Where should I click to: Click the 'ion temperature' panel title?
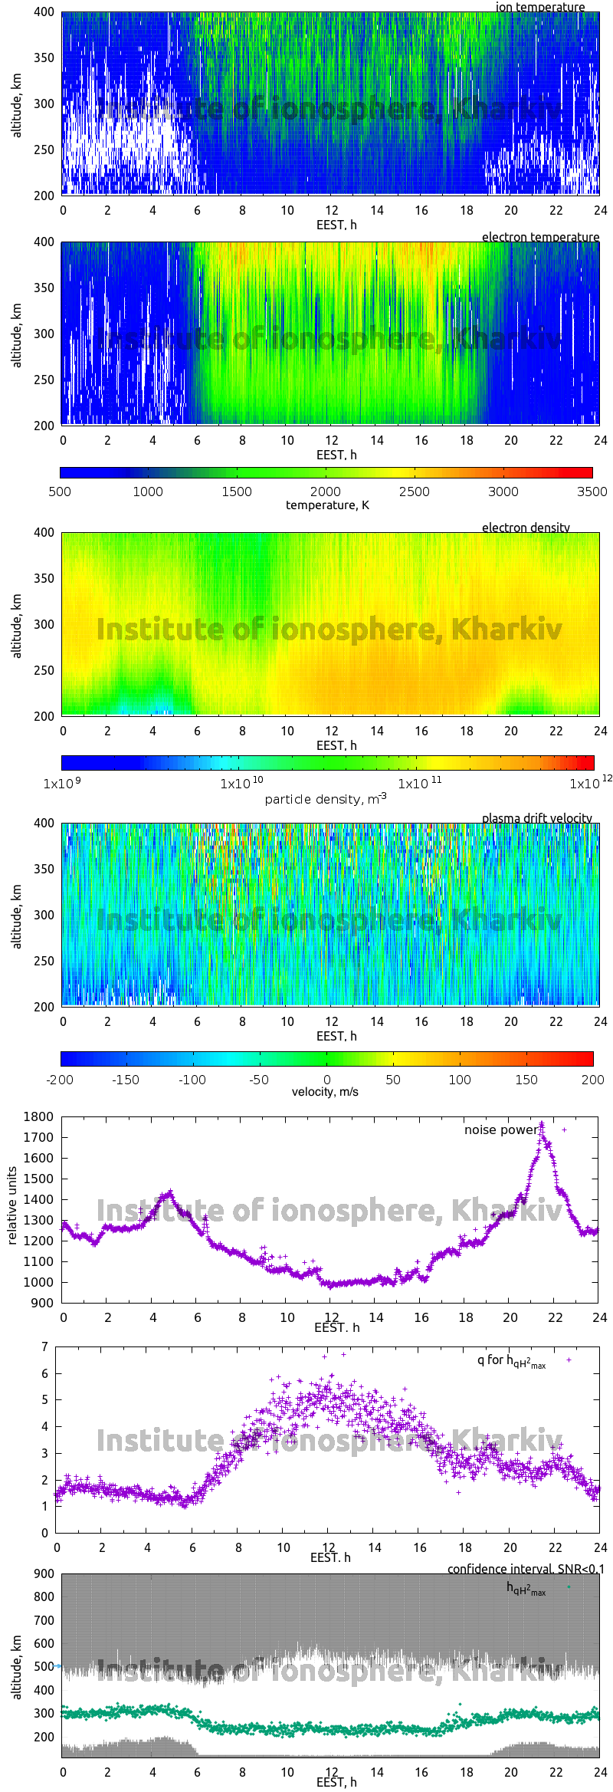coord(539,7)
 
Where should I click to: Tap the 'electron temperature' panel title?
coord(540,237)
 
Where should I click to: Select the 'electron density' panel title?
coord(526,528)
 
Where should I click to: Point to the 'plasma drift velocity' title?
coord(536,818)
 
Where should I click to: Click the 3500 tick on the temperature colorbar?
coord(592,492)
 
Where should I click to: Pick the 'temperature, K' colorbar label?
coord(327,505)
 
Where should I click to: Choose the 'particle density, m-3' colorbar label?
coord(326,799)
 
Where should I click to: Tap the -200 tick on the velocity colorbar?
coord(60,1080)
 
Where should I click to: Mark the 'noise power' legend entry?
coord(501,1129)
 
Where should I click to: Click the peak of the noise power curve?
coord(542,1124)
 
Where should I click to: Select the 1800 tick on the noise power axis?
coord(39,1116)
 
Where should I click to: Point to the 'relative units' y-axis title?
coord(12,1206)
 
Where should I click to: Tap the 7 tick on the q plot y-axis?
coord(45,1346)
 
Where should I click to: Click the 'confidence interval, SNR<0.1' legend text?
coord(526,1569)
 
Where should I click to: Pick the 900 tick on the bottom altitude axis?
coord(44,1573)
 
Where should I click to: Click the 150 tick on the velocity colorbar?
coord(526,1080)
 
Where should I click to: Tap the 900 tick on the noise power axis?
coord(43,1303)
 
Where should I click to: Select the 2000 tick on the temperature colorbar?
coord(325,492)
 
